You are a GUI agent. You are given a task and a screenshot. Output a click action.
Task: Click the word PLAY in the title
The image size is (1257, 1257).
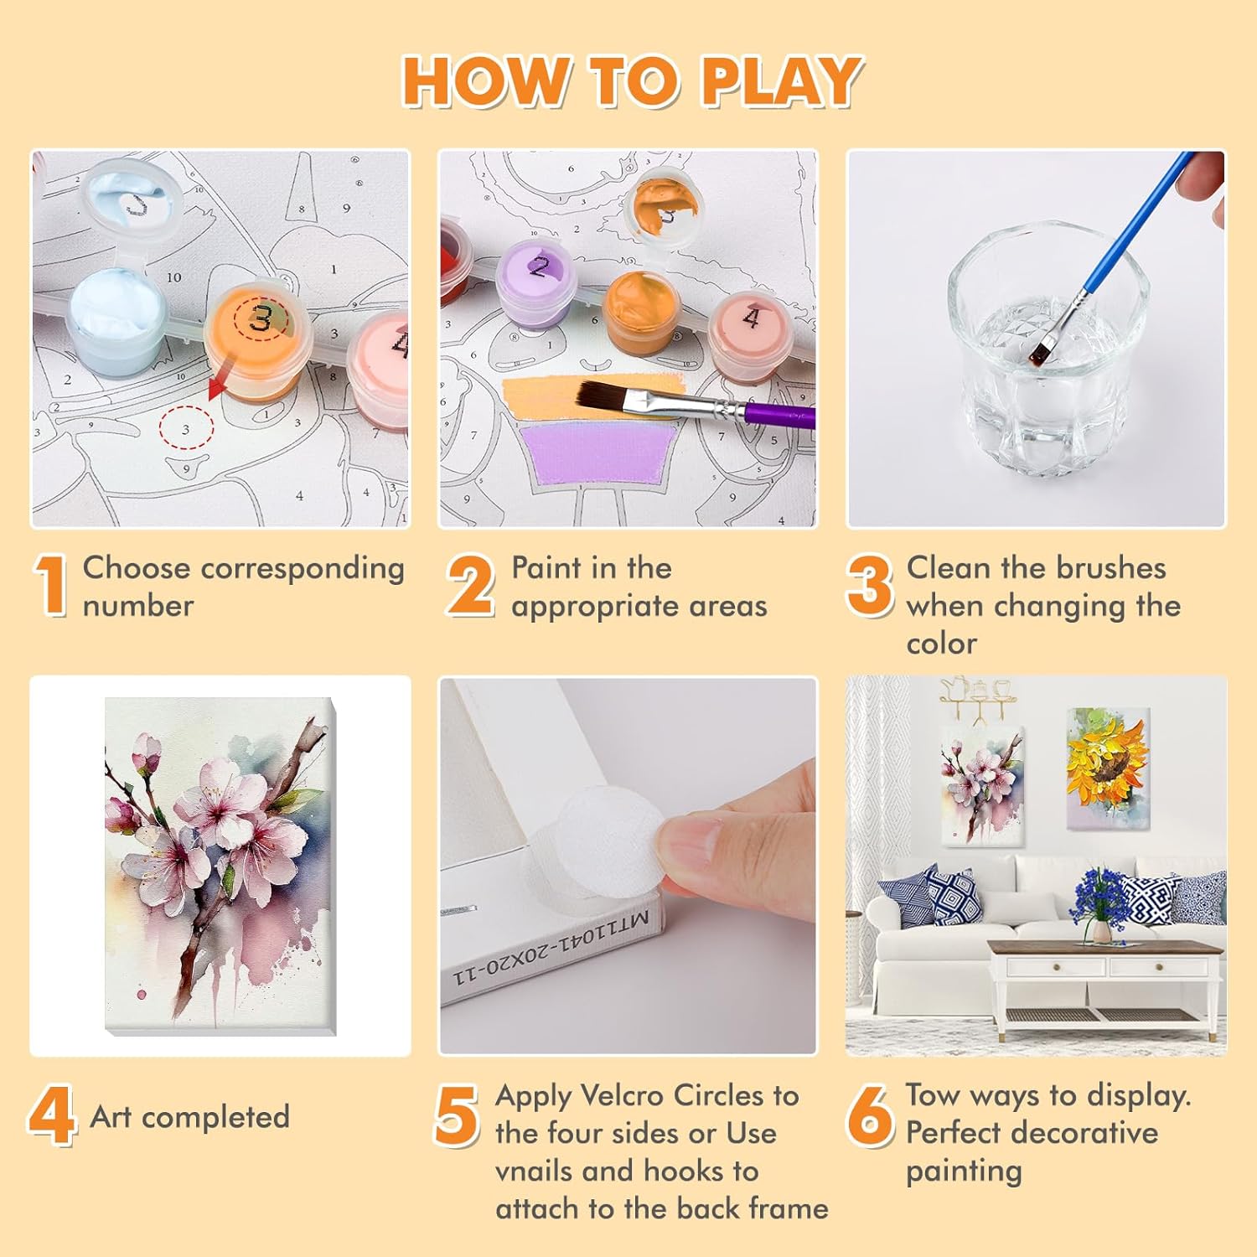[x=781, y=81]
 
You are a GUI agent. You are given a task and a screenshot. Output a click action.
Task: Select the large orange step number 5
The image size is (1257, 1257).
[x=457, y=1115]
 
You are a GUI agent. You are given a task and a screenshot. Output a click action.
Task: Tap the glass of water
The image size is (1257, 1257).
[x=1047, y=352]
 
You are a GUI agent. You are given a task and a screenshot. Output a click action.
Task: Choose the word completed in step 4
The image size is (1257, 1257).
[x=215, y=1118]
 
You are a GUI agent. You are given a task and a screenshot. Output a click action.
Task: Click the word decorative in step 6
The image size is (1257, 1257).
[x=1075, y=1133]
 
